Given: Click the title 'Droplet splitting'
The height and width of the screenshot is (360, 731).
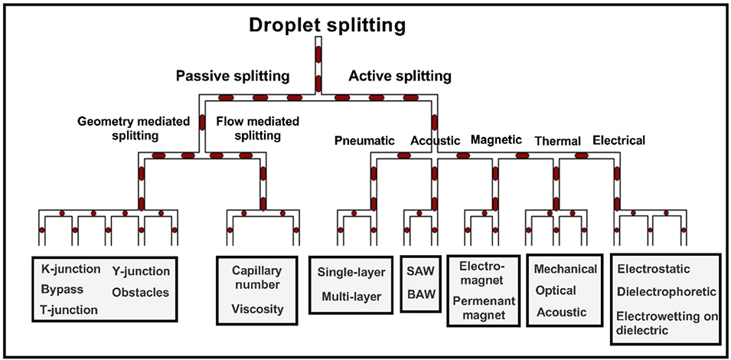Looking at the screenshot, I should tap(327, 26).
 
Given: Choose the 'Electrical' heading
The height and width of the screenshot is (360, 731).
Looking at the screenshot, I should tap(618, 140).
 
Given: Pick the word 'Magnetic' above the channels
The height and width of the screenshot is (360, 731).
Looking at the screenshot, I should tap(496, 139).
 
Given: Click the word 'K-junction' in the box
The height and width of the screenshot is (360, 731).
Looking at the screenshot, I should tap(70, 270).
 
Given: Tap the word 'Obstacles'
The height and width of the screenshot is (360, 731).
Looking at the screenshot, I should tap(140, 292).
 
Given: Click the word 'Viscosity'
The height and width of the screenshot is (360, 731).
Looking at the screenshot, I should tap(256, 309).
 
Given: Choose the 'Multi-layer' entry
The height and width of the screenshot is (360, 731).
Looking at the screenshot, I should tap(351, 296).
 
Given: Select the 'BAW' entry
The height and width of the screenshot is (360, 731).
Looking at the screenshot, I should tap(420, 295).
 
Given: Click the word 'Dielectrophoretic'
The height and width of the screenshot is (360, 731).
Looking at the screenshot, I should tap(666, 292).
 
